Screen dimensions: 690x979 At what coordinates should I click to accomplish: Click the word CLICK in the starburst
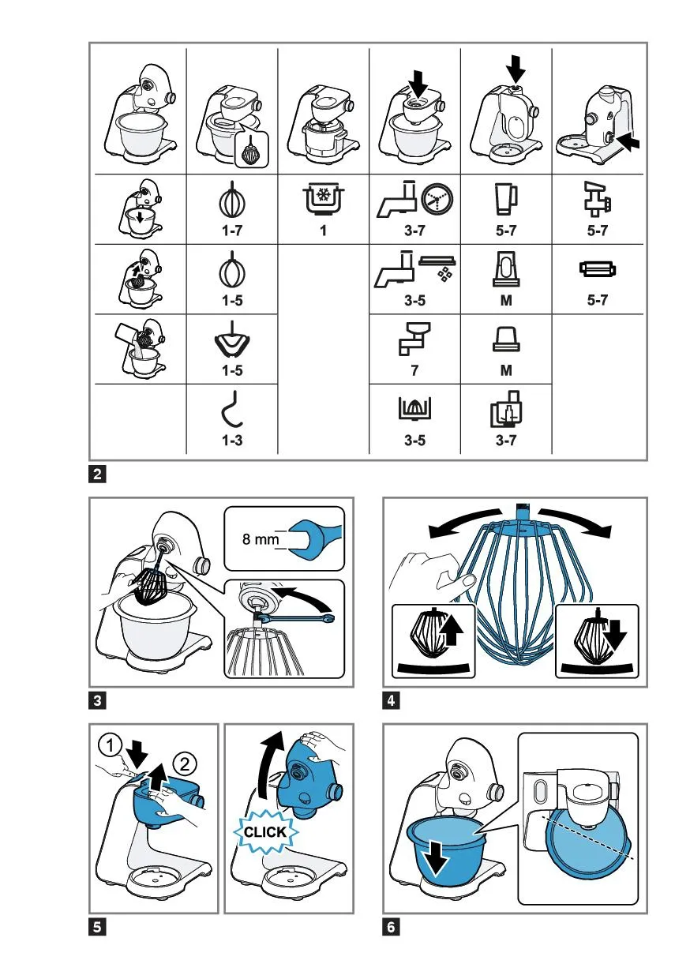coord(264,831)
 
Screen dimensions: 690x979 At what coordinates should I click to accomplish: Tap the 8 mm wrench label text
coord(261,539)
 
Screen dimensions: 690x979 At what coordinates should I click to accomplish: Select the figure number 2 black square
coord(97,474)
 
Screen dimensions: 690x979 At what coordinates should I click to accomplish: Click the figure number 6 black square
coord(391,927)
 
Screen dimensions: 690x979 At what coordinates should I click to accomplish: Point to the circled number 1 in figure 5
coord(110,745)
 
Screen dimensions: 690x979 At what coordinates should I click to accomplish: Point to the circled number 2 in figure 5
coord(185,763)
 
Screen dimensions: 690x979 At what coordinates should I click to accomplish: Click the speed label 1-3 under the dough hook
coord(232,440)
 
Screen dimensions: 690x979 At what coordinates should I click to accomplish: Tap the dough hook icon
coord(232,409)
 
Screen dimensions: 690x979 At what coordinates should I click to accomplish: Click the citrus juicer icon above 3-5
coord(414,408)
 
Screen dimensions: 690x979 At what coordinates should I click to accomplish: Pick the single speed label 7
coord(414,370)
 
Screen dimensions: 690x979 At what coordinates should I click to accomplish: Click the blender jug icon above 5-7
coord(506,199)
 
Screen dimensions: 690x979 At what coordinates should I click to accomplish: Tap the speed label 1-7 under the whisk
coord(232,231)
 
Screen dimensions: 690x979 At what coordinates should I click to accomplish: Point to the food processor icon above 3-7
coord(506,409)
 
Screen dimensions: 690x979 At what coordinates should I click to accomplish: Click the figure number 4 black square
coord(391,700)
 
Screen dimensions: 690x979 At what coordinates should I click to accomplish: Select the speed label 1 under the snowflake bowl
coord(324,231)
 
